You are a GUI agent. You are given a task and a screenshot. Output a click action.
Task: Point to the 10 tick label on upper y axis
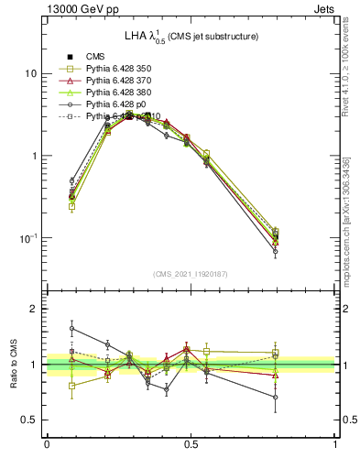point(29,73)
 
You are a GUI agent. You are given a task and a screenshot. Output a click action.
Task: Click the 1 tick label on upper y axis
point(33,156)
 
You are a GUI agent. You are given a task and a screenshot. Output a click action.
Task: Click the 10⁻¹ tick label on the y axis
point(27,238)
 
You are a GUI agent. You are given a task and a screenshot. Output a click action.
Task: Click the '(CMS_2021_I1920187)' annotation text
point(191,274)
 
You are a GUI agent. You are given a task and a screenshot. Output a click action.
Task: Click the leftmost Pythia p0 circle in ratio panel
point(72,328)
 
